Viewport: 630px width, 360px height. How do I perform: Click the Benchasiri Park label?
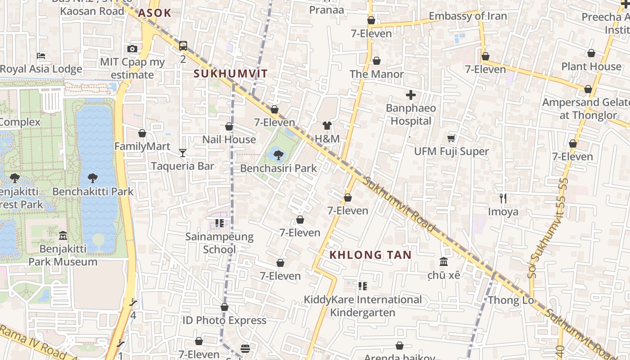click(x=278, y=168)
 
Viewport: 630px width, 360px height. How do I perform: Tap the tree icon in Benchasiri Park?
click(x=279, y=155)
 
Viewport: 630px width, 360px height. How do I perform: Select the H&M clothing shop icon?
click(x=327, y=126)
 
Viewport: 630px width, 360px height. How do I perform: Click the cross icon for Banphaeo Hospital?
click(x=410, y=95)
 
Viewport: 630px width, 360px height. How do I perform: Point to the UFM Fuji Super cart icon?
click(x=451, y=139)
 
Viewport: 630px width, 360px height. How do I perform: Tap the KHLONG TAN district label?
click(x=370, y=255)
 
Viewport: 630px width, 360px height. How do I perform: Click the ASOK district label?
click(x=154, y=13)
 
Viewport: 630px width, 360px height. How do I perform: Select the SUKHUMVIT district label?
click(x=230, y=74)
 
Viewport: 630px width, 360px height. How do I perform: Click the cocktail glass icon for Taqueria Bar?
click(x=183, y=153)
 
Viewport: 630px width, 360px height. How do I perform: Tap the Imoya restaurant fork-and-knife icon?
click(x=503, y=198)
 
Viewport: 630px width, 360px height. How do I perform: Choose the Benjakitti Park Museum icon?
click(x=63, y=236)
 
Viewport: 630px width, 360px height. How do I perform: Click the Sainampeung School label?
click(x=220, y=243)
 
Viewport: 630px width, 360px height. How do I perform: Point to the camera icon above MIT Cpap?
click(x=132, y=49)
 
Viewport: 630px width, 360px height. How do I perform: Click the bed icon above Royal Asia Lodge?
click(x=41, y=56)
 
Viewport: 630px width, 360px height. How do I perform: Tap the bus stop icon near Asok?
click(x=183, y=46)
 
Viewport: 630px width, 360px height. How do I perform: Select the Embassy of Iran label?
click(x=468, y=16)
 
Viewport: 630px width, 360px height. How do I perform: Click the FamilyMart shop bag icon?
click(x=142, y=134)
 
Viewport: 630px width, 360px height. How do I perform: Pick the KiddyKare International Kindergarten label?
click(x=363, y=306)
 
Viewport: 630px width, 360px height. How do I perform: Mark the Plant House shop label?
click(x=591, y=67)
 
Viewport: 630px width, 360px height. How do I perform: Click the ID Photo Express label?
click(x=224, y=320)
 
